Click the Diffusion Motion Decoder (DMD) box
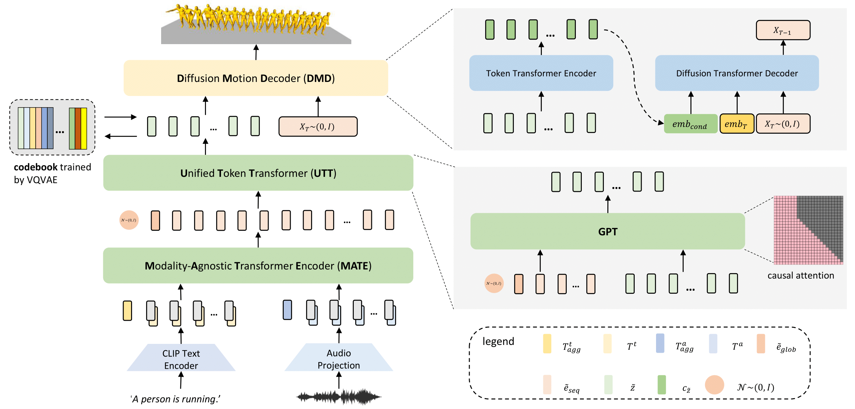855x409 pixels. pyautogui.click(x=256, y=78)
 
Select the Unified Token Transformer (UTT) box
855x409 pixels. pyautogui.click(x=258, y=173)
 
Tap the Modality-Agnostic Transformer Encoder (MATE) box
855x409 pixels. pyautogui.click(x=258, y=266)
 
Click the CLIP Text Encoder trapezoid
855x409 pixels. pyautogui.click(x=181, y=359)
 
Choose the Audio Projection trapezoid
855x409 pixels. pyautogui.click(x=339, y=359)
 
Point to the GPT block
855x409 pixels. pyautogui.click(x=607, y=231)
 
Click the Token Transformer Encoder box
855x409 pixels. pyautogui.click(x=541, y=73)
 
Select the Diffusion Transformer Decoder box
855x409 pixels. pyautogui.click(x=737, y=73)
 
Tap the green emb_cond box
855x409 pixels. pyautogui.click(x=690, y=124)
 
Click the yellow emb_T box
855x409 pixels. pyautogui.click(x=736, y=124)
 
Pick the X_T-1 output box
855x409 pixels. pyautogui.click(x=783, y=30)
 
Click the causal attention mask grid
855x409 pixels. pyautogui.click(x=808, y=230)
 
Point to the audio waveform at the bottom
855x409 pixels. pyautogui.click(x=339, y=397)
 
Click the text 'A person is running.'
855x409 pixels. pyautogui.click(x=175, y=399)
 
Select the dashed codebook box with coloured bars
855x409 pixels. pyautogui.click(x=52, y=128)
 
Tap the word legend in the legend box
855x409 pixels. pyautogui.click(x=498, y=341)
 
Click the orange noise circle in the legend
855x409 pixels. pyautogui.click(x=714, y=385)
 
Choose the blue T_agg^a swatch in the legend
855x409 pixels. pyautogui.click(x=660, y=344)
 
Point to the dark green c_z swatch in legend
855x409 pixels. pyautogui.click(x=661, y=385)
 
